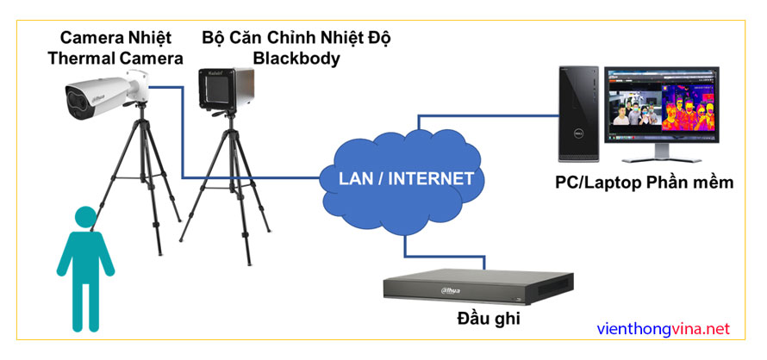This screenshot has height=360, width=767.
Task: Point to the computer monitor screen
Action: point(663,107)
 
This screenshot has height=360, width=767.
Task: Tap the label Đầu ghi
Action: point(489,320)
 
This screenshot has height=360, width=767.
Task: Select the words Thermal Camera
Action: point(115,59)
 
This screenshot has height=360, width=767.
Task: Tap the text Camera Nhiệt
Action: point(115,38)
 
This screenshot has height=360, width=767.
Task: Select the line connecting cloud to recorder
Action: point(405,245)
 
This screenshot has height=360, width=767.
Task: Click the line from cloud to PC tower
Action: point(483,112)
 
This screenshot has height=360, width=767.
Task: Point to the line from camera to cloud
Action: point(184,138)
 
